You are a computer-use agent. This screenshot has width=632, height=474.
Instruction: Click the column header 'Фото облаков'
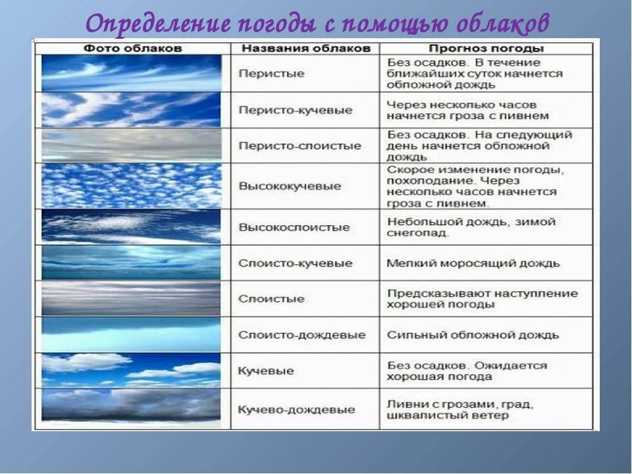[132, 49]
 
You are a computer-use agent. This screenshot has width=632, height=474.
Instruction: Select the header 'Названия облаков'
[306, 49]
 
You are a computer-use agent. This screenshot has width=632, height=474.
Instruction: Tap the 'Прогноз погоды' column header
[486, 49]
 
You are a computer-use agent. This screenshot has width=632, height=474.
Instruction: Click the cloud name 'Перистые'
[271, 74]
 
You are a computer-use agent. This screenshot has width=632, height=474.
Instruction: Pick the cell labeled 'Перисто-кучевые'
[296, 111]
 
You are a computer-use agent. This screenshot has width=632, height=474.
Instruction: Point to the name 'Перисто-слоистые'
[300, 146]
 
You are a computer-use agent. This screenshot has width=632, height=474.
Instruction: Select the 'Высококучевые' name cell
[290, 186]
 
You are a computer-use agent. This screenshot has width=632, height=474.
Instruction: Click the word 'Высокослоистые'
[294, 227]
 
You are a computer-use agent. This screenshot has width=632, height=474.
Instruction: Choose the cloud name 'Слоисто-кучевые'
[296, 263]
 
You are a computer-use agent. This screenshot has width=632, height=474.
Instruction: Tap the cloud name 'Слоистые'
[271, 299]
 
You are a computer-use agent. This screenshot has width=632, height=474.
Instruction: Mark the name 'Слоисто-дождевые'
[302, 335]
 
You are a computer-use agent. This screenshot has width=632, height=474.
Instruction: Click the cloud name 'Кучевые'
[266, 371]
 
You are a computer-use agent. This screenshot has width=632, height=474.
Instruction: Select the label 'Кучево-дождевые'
[297, 410]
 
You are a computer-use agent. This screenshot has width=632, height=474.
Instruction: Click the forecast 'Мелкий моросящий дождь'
[473, 263]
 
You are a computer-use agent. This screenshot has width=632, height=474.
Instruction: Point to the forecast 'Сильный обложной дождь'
[473, 335]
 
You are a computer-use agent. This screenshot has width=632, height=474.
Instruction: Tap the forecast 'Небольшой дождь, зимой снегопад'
[471, 227]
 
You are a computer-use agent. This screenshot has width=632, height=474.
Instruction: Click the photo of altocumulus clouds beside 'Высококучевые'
[132, 186]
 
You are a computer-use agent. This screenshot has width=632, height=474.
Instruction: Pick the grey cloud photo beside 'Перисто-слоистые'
[132, 145]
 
